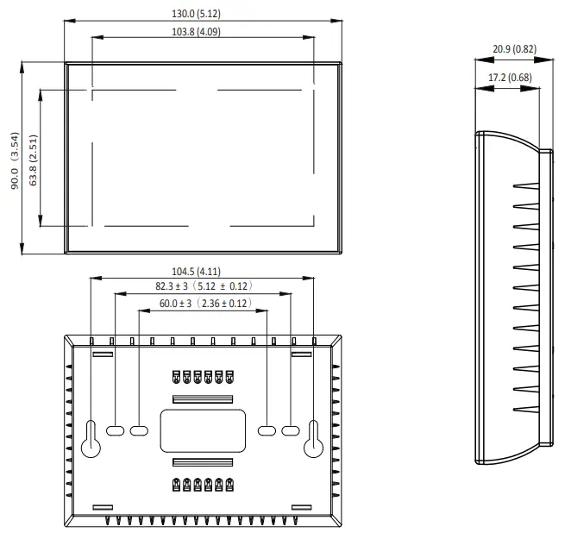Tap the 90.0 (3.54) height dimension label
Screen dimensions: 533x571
[14, 160]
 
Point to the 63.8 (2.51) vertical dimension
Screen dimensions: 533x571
[33, 159]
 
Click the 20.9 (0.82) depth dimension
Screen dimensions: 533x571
[514, 49]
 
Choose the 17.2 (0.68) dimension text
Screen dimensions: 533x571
[510, 78]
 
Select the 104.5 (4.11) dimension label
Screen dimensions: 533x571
[203, 272]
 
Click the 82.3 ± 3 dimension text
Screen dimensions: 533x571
[203, 286]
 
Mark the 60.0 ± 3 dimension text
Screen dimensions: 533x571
[204, 304]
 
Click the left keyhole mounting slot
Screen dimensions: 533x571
[91, 440]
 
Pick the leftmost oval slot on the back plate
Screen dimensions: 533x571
[116, 429]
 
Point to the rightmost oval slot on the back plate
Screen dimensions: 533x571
[292, 429]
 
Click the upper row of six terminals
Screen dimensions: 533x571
[203, 377]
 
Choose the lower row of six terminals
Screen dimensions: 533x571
[203, 485]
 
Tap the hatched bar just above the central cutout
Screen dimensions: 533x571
[203, 399]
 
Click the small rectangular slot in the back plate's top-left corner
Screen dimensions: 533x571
[103, 354]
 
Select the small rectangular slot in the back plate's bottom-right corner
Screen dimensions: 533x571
[301, 507]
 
